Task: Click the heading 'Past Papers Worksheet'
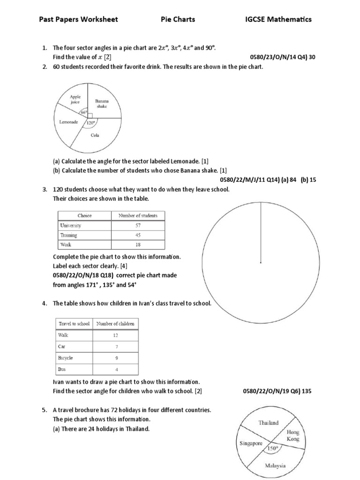(x=78, y=19)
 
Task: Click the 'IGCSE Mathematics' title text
(x=278, y=19)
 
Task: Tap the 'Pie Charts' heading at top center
(x=178, y=19)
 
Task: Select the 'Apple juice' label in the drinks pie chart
(x=75, y=99)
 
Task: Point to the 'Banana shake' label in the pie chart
(x=102, y=104)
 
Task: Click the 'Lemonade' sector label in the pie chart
(x=68, y=121)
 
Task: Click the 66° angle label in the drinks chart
(x=84, y=112)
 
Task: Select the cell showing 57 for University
(x=138, y=225)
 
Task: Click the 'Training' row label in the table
(x=69, y=235)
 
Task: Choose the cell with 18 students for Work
(x=138, y=244)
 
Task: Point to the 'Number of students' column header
(x=138, y=216)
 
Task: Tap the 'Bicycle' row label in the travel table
(x=66, y=358)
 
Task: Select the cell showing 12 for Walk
(x=115, y=335)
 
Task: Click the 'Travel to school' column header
(x=74, y=323)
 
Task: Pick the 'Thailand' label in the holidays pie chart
(x=268, y=422)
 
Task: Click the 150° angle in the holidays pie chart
(x=272, y=448)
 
